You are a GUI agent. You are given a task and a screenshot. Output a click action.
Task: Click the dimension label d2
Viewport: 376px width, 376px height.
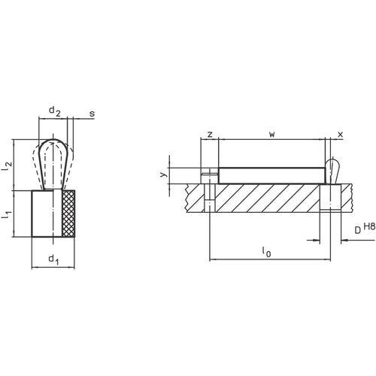[x=54, y=111]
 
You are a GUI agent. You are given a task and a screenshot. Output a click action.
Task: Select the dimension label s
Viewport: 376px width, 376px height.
[x=92, y=114]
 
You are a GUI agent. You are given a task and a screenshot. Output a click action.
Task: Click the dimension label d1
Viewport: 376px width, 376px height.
[x=53, y=260]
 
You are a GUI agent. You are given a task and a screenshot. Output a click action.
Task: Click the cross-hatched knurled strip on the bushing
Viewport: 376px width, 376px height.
[x=70, y=215]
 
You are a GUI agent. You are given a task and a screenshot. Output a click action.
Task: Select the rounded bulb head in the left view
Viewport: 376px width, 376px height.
[x=53, y=150]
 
